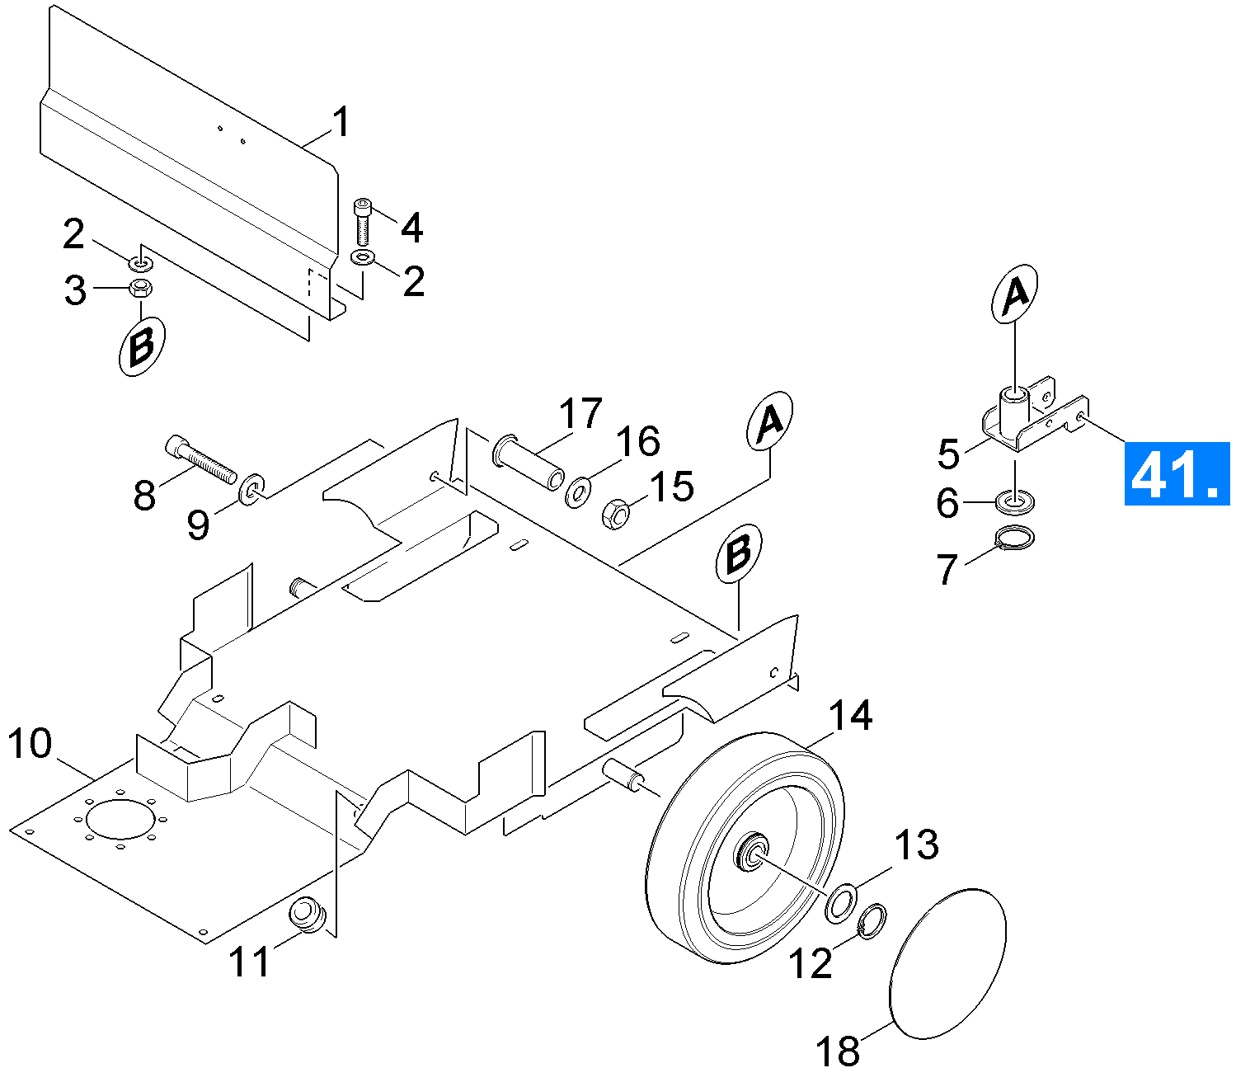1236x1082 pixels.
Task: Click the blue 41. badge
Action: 1177,473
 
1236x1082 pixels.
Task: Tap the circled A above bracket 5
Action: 1015,294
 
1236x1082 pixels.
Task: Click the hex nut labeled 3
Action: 141,288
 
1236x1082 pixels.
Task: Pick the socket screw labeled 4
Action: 364,221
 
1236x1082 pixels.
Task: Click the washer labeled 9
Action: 251,488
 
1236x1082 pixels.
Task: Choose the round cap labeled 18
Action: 948,963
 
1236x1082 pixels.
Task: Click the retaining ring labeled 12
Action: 872,921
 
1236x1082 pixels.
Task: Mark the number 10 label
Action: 30,744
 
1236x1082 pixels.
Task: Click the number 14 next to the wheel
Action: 850,716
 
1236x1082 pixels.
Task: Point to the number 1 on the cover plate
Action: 341,123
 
